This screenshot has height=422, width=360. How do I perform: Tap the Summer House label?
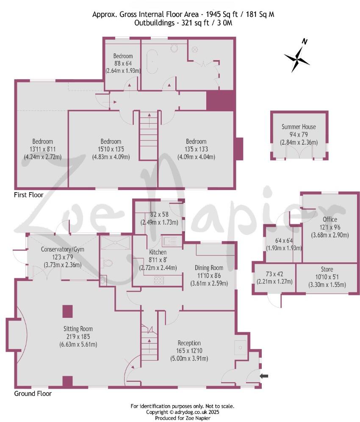point(299,127)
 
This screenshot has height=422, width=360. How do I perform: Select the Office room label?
point(330,219)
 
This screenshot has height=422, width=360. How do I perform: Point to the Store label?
point(327,269)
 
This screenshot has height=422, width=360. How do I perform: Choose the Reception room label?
point(189,343)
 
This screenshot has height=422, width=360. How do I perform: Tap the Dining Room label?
point(209,268)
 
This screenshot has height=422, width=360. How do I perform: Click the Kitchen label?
point(158,252)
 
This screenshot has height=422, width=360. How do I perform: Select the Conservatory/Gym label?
point(62,249)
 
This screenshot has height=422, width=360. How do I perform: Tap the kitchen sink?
point(172,242)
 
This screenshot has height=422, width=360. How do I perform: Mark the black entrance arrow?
point(264,375)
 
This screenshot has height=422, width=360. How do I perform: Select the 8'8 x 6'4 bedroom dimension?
point(123,63)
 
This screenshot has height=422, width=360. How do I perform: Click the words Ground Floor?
point(33,394)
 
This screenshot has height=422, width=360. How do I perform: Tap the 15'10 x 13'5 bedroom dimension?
point(111,149)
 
